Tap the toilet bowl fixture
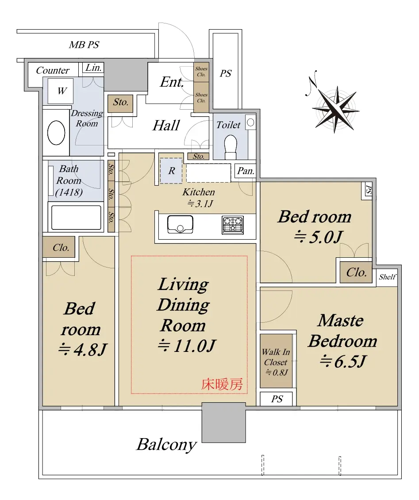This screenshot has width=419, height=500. click(x=231, y=146)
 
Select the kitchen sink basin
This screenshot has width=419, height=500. click(x=181, y=225)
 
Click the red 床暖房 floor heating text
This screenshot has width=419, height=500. click(x=222, y=384)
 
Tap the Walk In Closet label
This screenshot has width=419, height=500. click(x=276, y=357)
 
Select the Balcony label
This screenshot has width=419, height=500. click(x=166, y=444)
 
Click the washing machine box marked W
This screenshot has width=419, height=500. click(x=60, y=91)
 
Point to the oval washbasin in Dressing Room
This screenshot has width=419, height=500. click(x=56, y=133)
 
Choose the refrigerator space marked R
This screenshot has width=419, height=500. click(x=171, y=171)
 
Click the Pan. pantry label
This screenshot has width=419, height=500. click(x=246, y=171)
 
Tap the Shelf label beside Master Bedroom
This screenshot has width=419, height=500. click(x=388, y=277)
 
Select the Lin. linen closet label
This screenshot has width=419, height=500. click(x=93, y=68)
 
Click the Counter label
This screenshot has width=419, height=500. click(x=53, y=70)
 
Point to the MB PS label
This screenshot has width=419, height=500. click(x=84, y=45)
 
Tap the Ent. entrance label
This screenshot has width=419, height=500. click(x=172, y=82)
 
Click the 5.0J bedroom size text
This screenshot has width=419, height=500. click(x=318, y=237)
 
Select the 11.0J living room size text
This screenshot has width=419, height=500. click(x=187, y=346)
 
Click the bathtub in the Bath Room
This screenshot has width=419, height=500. click(x=76, y=218)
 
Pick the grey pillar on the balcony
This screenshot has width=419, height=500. click(x=224, y=423)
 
